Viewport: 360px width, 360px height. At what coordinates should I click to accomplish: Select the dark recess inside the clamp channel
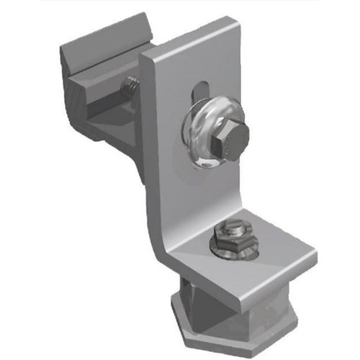click(108, 101)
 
